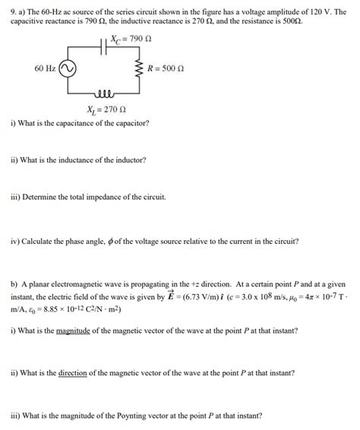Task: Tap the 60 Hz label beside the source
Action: click(44, 68)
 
